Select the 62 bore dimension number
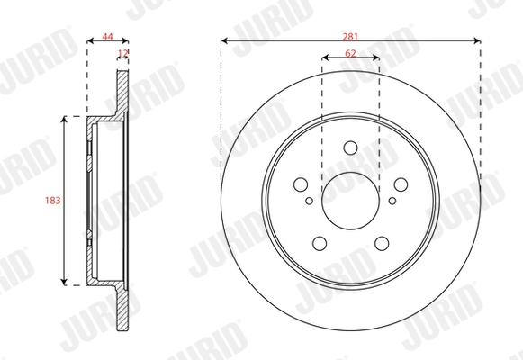350,55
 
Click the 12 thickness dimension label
123,55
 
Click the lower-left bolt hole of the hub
320,242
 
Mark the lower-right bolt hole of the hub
381,242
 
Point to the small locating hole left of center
308,202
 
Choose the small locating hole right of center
393,202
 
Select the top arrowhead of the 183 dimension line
65,120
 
